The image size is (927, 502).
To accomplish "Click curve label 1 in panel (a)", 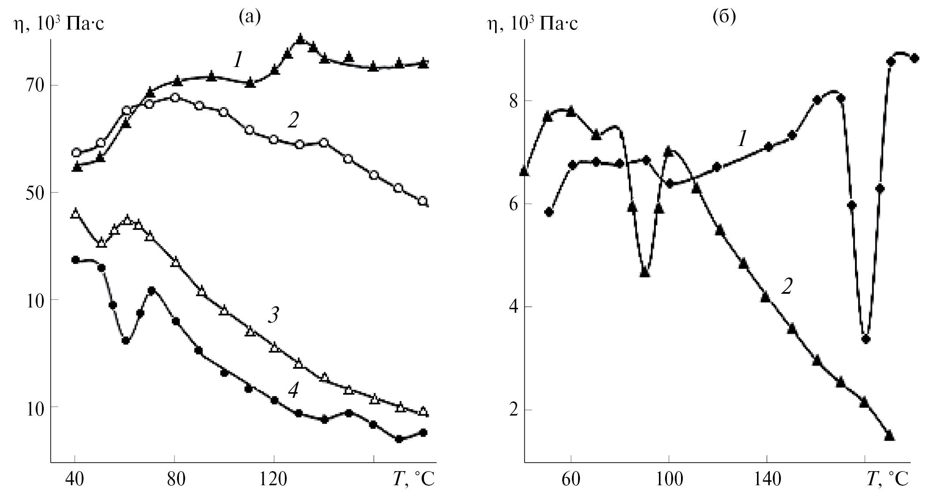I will pos(238,60).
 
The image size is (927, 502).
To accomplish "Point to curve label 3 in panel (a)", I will pos(274,316).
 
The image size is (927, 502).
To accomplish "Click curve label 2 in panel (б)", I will pos(787,287).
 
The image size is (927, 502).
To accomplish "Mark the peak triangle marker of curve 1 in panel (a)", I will pos(301,39).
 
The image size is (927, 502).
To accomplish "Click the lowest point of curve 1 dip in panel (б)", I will pos(866,339).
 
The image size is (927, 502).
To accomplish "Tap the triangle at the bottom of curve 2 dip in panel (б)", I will pos(645,273).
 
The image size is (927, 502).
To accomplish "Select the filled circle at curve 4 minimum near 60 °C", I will pos(126,340).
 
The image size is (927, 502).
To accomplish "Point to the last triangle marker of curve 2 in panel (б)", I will pos(889,436).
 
